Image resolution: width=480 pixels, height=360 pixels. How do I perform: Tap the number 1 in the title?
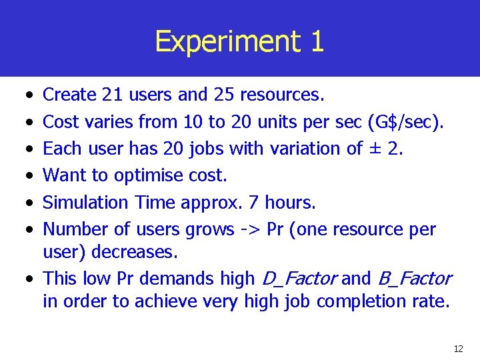pos(317,41)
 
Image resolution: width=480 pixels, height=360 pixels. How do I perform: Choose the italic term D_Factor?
pos(299,279)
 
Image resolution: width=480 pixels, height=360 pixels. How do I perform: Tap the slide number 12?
pos(458,349)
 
